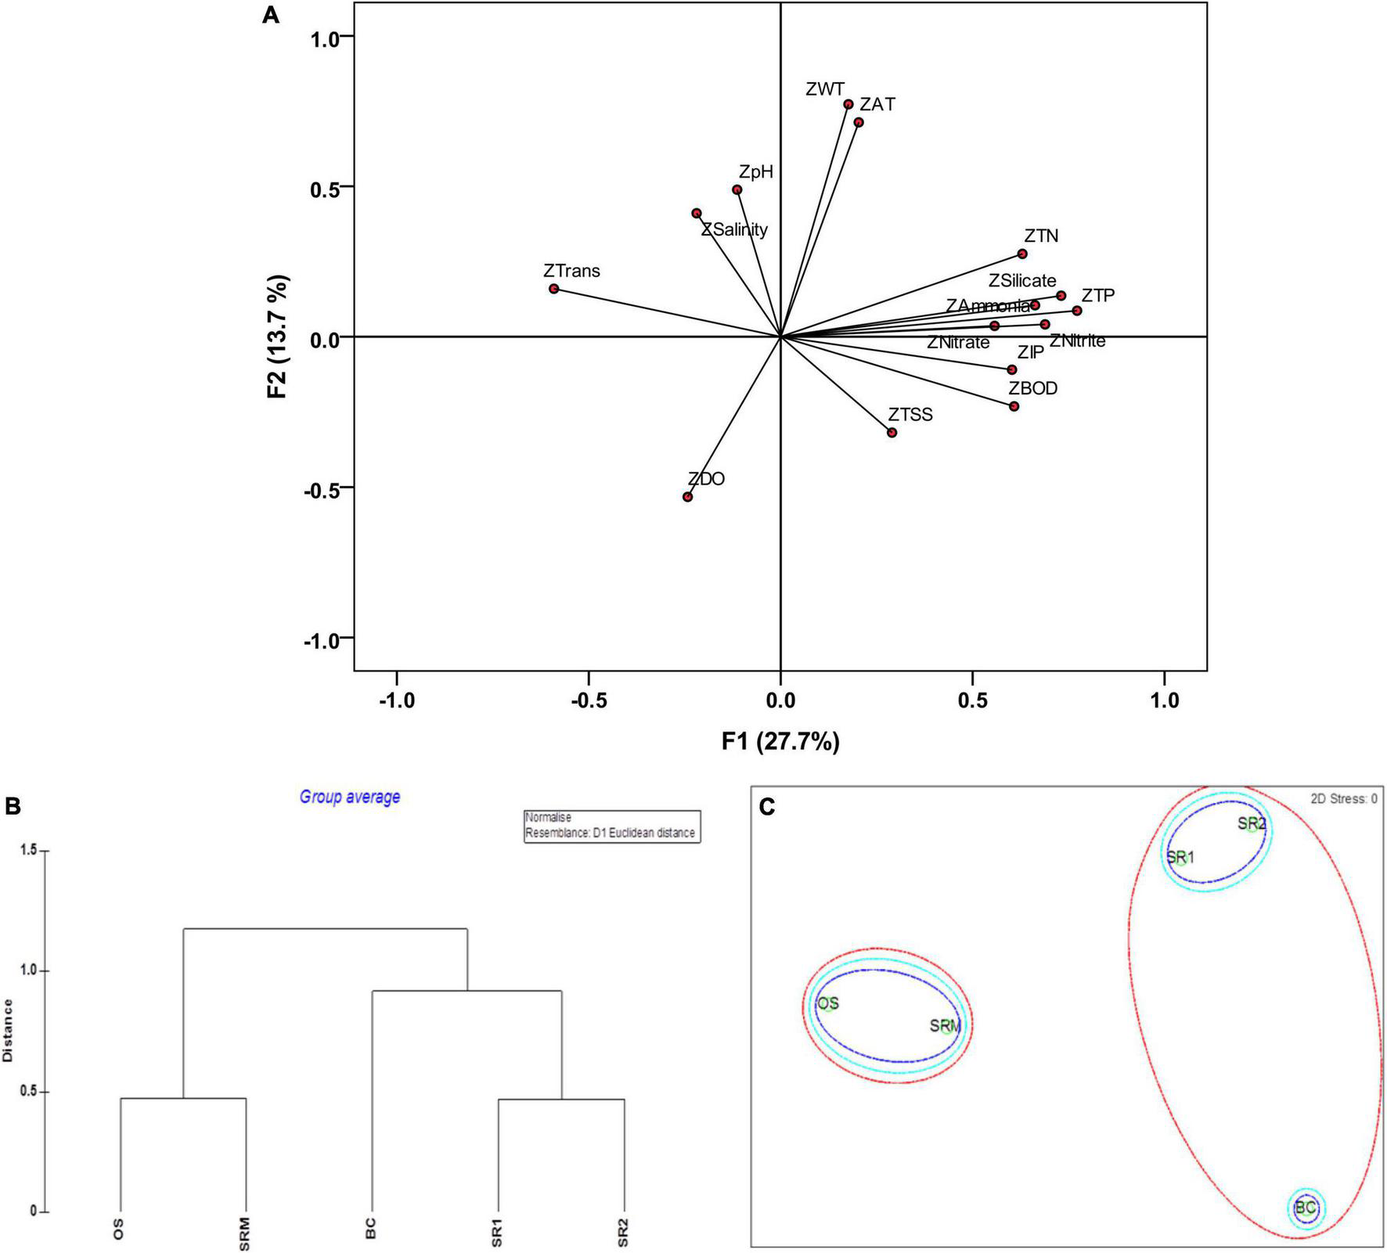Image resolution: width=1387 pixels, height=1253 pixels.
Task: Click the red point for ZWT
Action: coord(848,104)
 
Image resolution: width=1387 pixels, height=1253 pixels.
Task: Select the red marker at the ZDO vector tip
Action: coord(687,497)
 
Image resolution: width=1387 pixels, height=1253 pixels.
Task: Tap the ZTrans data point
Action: coord(554,289)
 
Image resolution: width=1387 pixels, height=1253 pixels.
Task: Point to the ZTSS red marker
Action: coord(892,433)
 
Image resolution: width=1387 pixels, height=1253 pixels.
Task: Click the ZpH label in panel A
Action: coord(755,172)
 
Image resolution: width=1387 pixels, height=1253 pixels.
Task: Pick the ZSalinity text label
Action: coord(734,230)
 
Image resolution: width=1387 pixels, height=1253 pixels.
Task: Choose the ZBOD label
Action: coord(1032,388)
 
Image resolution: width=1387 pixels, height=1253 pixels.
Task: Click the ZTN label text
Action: coord(1041,236)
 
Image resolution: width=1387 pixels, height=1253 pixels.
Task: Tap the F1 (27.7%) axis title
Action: coord(780,741)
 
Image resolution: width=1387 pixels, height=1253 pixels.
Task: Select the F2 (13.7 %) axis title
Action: coord(278,337)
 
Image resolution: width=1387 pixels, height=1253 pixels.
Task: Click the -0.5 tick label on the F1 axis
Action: coord(589,700)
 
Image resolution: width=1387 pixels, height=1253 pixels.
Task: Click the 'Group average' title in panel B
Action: coord(350,797)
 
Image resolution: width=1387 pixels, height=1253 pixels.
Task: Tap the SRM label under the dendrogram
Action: coord(245,1230)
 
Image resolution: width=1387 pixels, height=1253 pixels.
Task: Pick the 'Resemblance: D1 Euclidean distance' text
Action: coord(610,833)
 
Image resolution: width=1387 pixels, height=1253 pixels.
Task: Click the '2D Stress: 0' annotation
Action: coord(1343,799)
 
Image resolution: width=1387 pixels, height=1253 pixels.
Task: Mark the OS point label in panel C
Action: coord(827,1003)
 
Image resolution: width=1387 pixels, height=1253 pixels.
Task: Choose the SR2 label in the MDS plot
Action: coord(1251,823)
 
